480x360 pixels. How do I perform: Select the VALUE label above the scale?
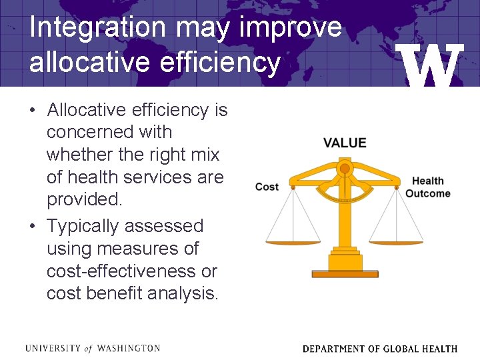(x=345, y=143)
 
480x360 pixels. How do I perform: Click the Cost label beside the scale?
(x=267, y=187)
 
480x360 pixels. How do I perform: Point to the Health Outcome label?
(x=428, y=187)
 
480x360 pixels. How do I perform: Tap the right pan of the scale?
(x=396, y=240)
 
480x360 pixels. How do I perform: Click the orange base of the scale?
(x=345, y=273)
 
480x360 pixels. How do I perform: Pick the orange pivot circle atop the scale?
(x=345, y=168)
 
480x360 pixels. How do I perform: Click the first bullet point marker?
(x=34, y=110)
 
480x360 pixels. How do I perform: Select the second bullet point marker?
(x=34, y=226)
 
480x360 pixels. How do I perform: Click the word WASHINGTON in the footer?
(x=129, y=348)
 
